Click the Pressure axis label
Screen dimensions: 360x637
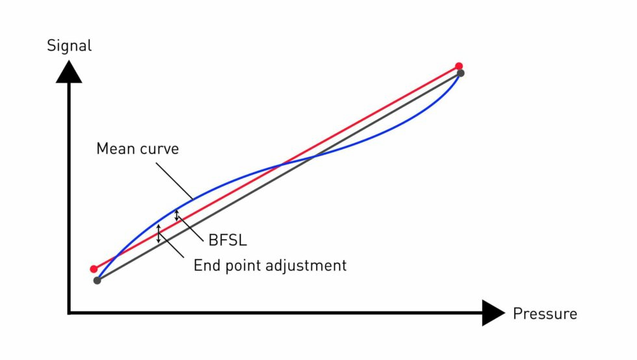point(545,314)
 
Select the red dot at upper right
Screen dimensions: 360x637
point(459,66)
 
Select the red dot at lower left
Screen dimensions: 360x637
point(94,269)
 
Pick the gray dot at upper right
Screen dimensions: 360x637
point(461,73)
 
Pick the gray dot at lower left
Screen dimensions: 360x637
point(97,281)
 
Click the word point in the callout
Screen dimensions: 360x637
point(241,266)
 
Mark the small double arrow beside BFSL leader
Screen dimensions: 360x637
point(177,215)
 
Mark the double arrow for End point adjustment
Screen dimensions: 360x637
point(158,234)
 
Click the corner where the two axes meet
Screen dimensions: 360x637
point(69,313)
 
